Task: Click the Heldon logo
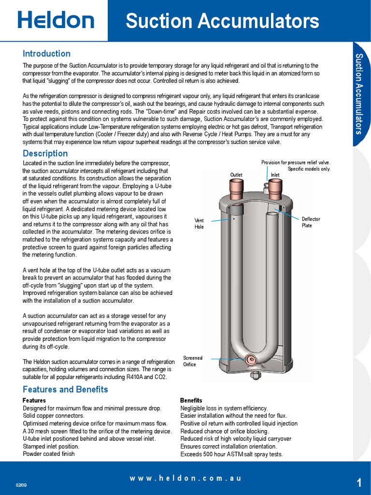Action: point(56,20)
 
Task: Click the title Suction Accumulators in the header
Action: point(222,21)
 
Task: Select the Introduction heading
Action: point(46,54)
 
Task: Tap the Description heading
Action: point(45,153)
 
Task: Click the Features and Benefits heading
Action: point(65,389)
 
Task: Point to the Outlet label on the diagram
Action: point(236,175)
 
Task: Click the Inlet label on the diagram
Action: point(275,175)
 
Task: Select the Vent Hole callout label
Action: point(199,223)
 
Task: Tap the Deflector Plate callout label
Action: point(311,222)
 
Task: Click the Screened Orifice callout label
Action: point(192,361)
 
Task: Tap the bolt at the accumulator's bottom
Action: point(255,376)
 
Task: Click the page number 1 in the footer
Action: point(359,482)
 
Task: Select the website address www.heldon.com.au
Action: point(185,478)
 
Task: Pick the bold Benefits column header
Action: point(191,401)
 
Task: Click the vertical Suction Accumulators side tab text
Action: point(359,94)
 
